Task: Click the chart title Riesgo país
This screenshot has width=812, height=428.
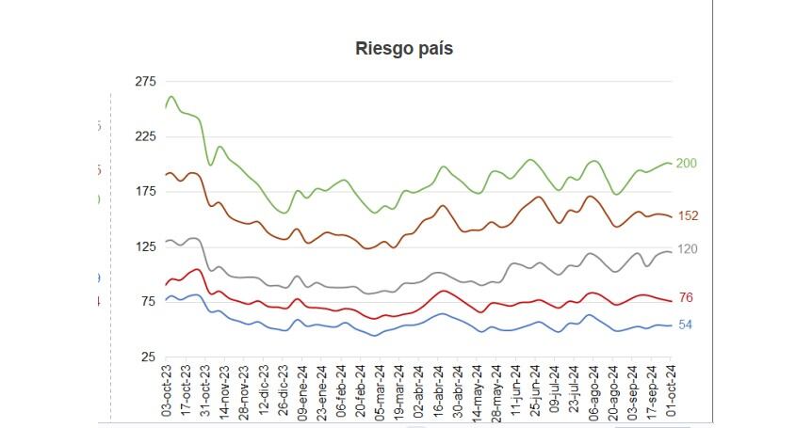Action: click(404, 49)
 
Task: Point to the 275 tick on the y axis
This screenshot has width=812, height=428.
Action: click(145, 82)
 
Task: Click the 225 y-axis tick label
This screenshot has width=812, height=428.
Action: click(145, 136)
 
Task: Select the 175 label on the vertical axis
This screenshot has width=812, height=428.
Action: click(145, 192)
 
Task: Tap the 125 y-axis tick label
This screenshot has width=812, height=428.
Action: click(145, 246)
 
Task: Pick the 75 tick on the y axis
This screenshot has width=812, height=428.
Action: click(148, 302)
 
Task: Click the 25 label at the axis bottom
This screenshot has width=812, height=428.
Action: click(148, 357)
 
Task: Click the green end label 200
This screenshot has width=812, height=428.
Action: click(687, 164)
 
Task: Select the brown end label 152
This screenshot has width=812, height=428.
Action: click(688, 216)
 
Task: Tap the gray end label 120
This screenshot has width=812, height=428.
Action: click(688, 249)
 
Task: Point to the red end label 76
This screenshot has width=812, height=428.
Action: click(686, 298)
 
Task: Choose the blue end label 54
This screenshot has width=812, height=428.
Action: click(686, 325)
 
